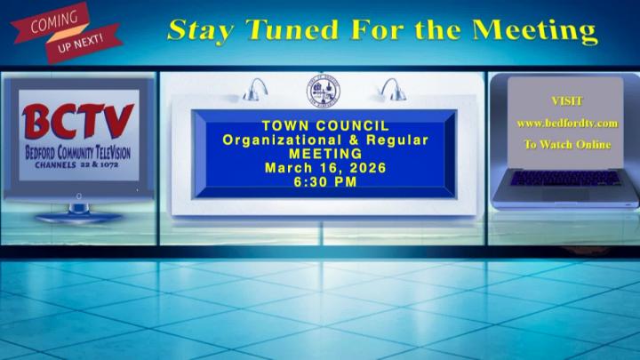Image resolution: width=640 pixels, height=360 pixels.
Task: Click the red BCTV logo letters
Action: [x=77, y=123]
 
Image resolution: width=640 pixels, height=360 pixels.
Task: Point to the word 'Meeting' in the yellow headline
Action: [x=533, y=29]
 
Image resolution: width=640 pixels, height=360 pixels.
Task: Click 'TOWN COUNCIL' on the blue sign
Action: [x=325, y=127]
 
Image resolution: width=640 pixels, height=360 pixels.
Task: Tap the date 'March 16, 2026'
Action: [x=325, y=168]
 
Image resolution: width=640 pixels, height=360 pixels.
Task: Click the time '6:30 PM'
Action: [x=325, y=182]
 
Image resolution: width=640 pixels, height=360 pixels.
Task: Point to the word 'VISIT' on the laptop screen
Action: [x=567, y=101]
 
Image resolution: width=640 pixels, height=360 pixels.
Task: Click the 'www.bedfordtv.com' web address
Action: [x=567, y=124]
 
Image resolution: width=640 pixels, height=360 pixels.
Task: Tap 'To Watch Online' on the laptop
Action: [x=567, y=144]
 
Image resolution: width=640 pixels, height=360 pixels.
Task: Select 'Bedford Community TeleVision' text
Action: [x=77, y=153]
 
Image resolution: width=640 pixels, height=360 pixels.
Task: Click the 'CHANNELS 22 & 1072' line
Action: [x=77, y=165]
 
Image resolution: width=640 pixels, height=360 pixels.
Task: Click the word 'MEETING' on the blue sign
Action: [x=325, y=154]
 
